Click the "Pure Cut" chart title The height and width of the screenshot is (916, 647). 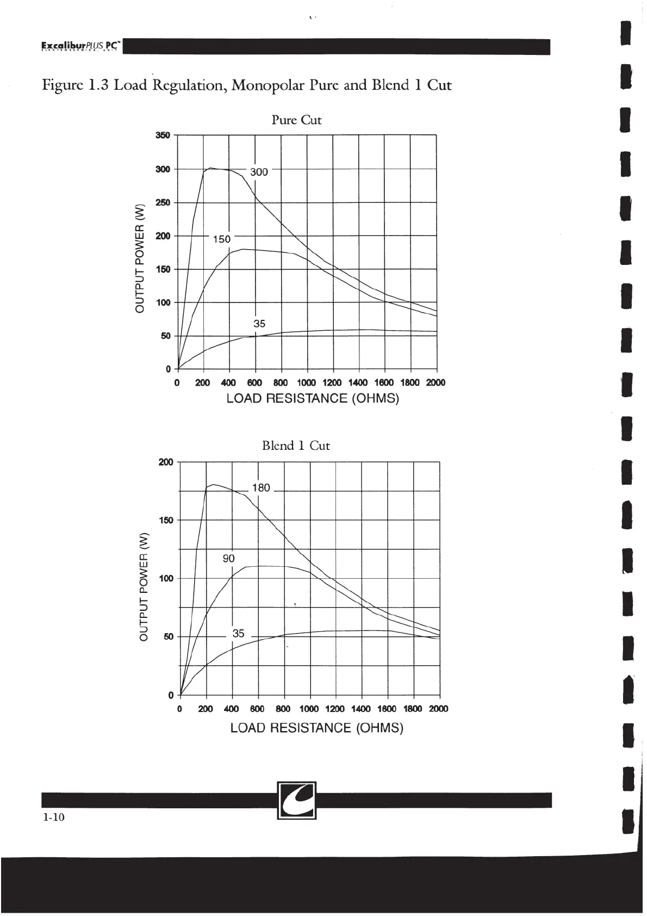[296, 120]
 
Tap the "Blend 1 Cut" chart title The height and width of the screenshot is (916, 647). [296, 446]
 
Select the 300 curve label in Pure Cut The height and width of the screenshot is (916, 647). [259, 172]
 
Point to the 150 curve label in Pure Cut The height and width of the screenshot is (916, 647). [221, 239]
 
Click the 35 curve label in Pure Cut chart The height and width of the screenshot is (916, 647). [259, 324]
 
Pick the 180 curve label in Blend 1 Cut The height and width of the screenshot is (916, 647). [261, 488]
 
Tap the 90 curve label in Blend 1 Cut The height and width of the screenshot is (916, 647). [228, 559]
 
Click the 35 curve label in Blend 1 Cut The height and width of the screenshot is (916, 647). [238, 634]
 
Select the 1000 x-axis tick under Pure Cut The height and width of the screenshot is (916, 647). [307, 383]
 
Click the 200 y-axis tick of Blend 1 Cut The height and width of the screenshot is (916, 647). [166, 462]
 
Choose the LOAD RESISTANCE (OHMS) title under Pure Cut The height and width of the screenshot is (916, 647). [312, 399]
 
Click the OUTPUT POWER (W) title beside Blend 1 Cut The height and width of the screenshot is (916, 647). [144, 585]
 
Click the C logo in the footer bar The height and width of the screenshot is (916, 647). [297, 800]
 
